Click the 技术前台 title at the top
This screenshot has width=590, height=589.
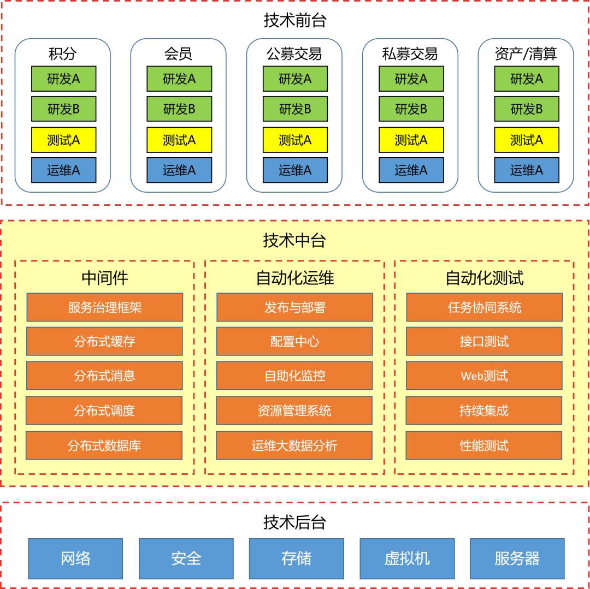[x=295, y=21]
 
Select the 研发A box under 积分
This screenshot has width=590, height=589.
[x=63, y=79]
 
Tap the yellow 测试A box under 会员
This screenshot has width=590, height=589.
[x=179, y=140]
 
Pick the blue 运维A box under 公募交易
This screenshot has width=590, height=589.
[x=295, y=170]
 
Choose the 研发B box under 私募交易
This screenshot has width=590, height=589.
[x=411, y=109]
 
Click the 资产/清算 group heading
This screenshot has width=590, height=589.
[x=526, y=54]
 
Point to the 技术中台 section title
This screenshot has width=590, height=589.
[x=295, y=241]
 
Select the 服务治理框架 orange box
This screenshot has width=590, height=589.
[x=104, y=307]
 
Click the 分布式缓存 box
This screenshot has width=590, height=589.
[x=104, y=342]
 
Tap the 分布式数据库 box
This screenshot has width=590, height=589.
[x=104, y=445]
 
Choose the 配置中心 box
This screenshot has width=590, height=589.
[x=294, y=342]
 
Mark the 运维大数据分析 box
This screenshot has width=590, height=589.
[x=294, y=445]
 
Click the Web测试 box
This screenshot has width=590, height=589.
[x=484, y=376]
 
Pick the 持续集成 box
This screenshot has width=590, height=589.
[x=484, y=410]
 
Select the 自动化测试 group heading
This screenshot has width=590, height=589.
[x=484, y=278]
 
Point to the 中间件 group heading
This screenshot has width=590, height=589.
[x=104, y=278]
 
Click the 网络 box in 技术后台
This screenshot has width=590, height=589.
[x=75, y=558]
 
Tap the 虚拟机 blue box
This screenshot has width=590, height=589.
[x=407, y=558]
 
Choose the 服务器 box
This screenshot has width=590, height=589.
[x=517, y=558]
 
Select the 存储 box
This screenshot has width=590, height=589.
[x=297, y=558]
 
